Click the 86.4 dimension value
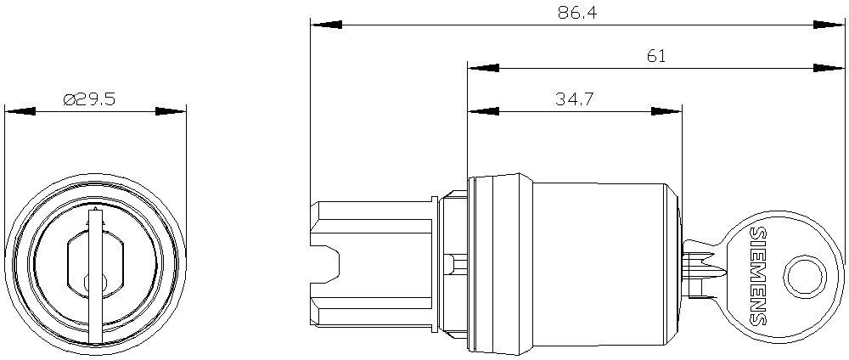577,13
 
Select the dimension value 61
655,56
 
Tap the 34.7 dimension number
575,99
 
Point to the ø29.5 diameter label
89,99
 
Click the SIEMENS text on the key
759,276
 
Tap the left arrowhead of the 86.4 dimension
326,25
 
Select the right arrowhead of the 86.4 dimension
829,25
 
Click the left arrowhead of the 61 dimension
484,68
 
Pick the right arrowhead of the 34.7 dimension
666,111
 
